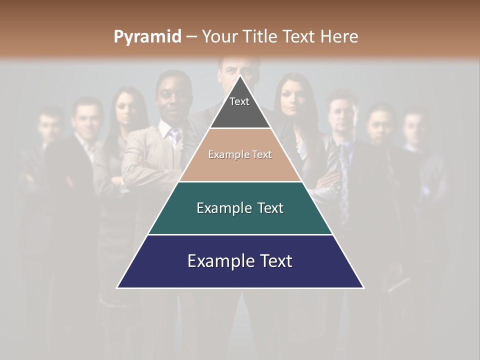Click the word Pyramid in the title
(x=147, y=37)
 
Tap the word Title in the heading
(x=260, y=36)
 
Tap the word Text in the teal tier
(x=270, y=208)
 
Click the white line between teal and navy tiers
(x=240, y=234)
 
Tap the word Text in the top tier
(x=239, y=101)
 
